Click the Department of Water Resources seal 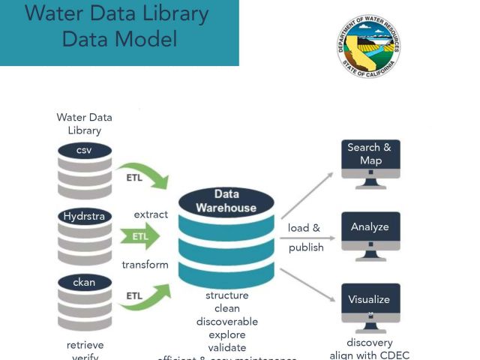369,46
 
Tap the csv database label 84,151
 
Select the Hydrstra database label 84,217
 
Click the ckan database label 84,283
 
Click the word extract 151,214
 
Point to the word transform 145,265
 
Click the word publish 306,247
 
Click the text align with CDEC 370,355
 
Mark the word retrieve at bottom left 85,345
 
